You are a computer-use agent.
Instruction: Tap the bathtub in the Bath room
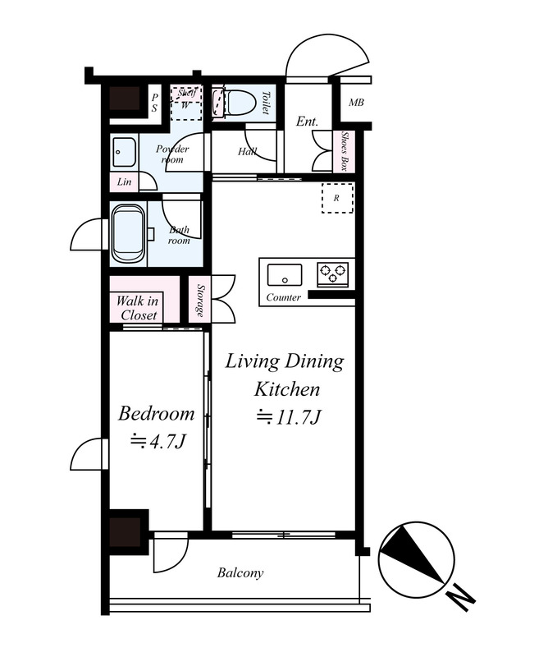coord(129,234)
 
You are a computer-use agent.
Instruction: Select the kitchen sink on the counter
coord(285,274)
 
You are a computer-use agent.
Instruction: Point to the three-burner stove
coord(333,274)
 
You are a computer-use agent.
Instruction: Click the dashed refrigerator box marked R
coord(337,198)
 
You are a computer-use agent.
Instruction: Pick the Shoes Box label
coord(344,151)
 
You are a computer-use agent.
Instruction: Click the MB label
coord(356,102)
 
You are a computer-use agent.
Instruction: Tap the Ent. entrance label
coord(308,122)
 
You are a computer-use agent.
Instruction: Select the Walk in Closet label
coord(137,307)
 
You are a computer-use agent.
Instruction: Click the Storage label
coord(200,300)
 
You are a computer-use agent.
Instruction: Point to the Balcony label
coord(240,572)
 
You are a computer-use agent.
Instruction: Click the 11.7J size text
coord(289,417)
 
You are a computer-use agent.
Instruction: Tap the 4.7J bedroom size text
coord(158,441)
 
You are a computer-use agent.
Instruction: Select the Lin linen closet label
coord(124,181)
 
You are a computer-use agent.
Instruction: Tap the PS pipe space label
coord(154,102)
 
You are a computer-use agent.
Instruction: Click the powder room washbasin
coord(124,153)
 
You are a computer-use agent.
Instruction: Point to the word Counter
coord(283,297)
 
